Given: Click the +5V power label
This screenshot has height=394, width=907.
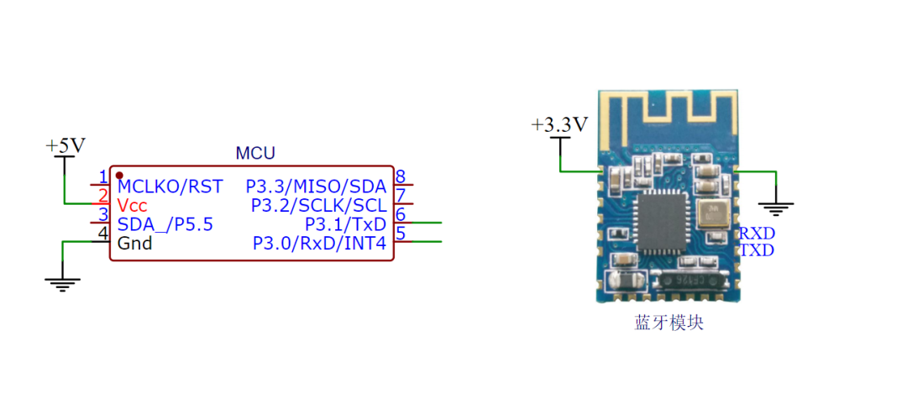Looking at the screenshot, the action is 66,146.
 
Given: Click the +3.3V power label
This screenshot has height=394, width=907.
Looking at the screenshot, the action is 559,125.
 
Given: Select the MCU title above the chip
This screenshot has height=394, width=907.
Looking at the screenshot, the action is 255,154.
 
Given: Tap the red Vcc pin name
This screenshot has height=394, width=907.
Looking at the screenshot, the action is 132,205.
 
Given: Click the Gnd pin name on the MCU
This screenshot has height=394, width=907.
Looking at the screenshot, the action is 134,243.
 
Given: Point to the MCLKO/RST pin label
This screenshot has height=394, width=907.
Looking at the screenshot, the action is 170,186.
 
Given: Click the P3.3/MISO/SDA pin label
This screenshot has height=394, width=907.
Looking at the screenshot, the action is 316,186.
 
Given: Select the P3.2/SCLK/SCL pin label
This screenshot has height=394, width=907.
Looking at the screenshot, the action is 318,205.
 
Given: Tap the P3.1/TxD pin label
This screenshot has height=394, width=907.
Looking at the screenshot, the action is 345,224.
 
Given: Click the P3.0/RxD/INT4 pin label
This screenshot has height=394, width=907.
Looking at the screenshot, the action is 319,243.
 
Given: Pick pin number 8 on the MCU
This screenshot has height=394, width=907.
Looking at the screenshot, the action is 400,176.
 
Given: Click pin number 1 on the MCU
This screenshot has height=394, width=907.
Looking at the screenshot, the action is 103,176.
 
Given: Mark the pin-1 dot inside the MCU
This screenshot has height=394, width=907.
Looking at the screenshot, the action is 119,175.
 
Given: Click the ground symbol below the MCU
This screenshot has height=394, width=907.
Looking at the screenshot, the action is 62,285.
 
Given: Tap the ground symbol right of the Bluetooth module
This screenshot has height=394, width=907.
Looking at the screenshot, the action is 776,209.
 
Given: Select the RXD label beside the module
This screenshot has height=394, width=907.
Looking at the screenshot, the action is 758,234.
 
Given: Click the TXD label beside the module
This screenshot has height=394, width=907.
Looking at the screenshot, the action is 758,250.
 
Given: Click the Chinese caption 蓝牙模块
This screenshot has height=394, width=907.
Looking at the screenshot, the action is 668,323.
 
